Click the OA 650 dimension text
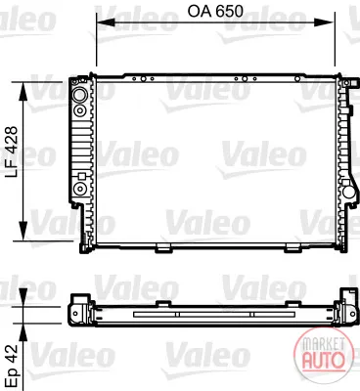click(x=215, y=12)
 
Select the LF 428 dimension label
click(x=12, y=152)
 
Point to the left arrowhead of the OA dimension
click(x=106, y=22)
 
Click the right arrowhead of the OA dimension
click(x=325, y=22)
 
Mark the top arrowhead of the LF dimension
click(x=22, y=92)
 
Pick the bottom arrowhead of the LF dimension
click(x=22, y=231)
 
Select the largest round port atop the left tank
click(x=79, y=95)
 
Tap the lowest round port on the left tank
click(x=79, y=189)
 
